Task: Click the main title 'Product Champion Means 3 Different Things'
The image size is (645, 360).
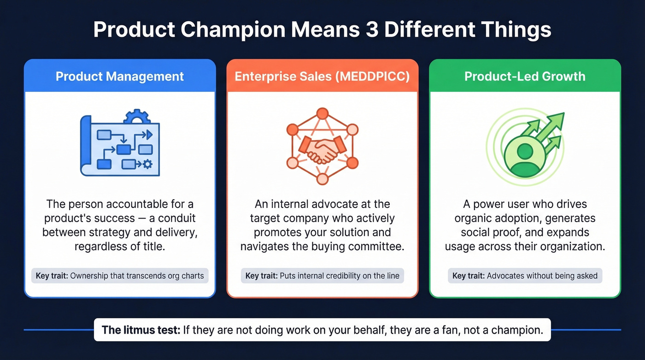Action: tap(322, 30)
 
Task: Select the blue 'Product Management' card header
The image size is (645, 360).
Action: tap(120, 76)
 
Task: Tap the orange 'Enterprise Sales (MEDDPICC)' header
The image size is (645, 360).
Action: tap(322, 76)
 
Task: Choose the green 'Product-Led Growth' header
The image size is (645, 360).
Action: tap(525, 76)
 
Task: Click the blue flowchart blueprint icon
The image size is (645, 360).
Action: tap(120, 145)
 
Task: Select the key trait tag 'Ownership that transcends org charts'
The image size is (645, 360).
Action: tap(120, 276)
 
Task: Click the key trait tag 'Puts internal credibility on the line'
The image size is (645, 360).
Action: tap(322, 276)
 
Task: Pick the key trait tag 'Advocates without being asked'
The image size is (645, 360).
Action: tap(525, 276)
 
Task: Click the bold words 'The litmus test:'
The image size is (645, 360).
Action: tap(141, 330)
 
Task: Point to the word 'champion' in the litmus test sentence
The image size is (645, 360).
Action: tap(519, 330)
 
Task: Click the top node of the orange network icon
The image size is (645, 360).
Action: tap(322, 113)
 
